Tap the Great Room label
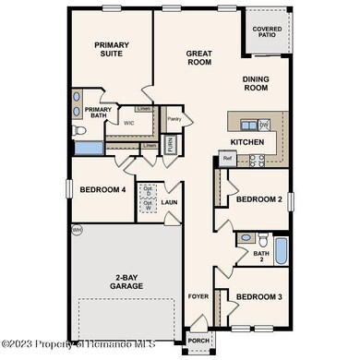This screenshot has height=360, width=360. click(199, 58)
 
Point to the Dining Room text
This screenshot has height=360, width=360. click(256, 85)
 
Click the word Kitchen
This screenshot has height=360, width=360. click(248, 142)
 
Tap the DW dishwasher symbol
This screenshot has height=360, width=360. click(263, 125)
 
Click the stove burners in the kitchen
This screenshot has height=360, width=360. click(258, 159)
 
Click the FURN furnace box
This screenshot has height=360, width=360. click(170, 145)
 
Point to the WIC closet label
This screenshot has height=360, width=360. click(128, 123)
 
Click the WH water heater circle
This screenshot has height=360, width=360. click(77, 229)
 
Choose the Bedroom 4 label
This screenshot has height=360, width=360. click(102, 189)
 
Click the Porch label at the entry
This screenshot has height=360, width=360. click(198, 339)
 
